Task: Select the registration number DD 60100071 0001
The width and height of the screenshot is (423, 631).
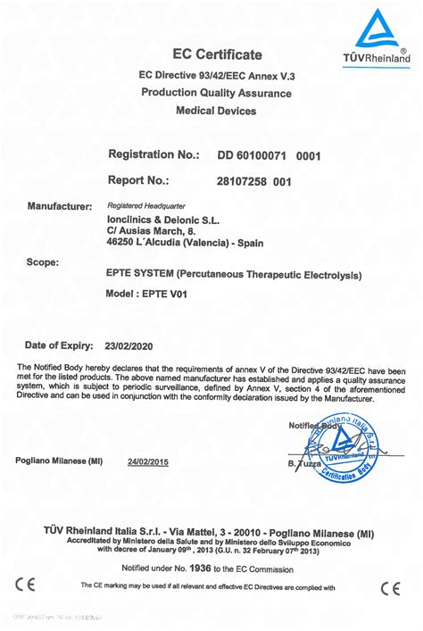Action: [269, 156]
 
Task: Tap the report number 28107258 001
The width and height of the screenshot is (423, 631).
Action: [254, 181]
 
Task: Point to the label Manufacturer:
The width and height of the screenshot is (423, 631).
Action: [60, 206]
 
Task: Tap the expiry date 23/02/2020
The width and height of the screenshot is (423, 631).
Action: [130, 345]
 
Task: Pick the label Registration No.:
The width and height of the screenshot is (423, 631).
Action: [153, 155]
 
